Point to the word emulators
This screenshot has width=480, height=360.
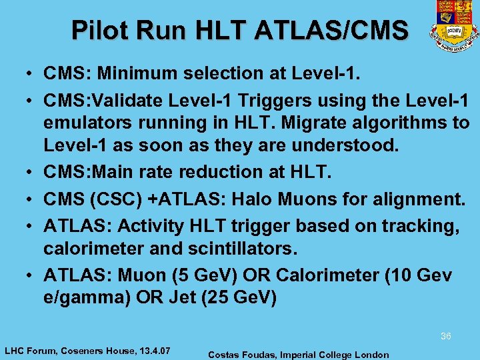[x=87, y=123]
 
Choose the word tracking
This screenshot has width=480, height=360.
[x=423, y=226]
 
